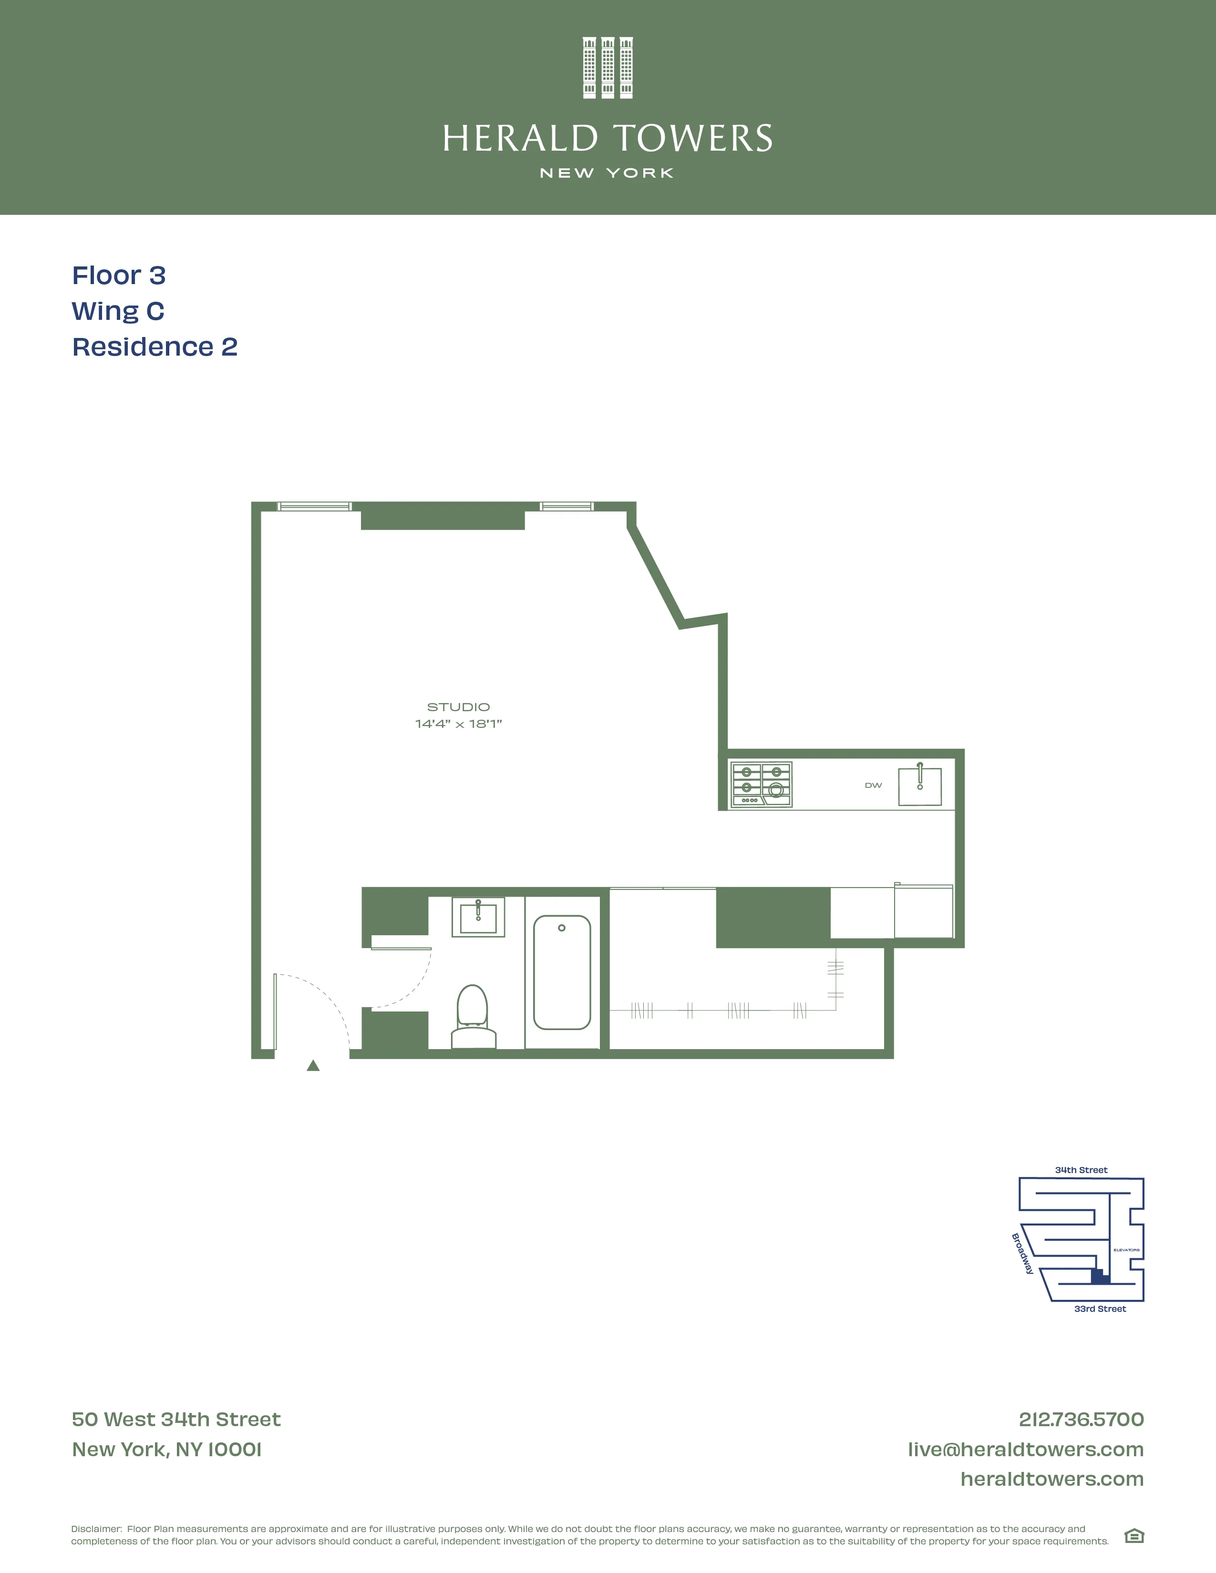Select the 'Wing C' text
point(118,311)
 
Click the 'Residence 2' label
point(155,347)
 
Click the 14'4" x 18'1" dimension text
point(458,724)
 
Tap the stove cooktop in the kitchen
point(762,784)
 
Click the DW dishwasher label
point(873,785)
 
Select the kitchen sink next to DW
point(920,786)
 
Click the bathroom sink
point(478,917)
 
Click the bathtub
point(562,972)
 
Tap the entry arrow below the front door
point(313,1066)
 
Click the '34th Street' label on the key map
point(1081,1170)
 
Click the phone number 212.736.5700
point(1081,1420)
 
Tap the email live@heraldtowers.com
point(1025,1449)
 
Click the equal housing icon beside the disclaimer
point(1134,1536)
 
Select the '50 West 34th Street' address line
point(176,1420)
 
